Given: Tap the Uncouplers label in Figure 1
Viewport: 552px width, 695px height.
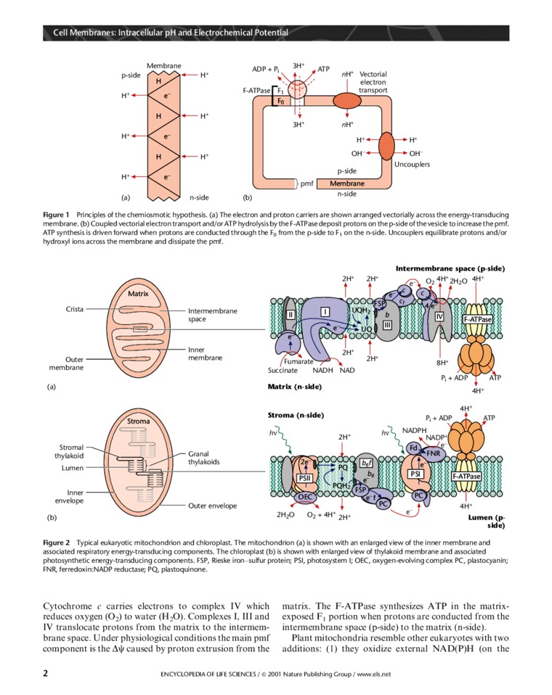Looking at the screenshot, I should point(412,164).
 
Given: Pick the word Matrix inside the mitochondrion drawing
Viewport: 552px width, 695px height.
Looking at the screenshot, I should point(138,294).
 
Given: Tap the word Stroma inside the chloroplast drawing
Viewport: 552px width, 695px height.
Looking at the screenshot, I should point(138,421).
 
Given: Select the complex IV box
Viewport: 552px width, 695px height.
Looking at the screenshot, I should point(439,316).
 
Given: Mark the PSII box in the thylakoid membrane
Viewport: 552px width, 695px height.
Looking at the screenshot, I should point(306,478).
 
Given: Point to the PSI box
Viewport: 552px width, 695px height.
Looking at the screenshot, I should point(415,474).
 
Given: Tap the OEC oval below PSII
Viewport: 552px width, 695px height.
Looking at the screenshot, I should point(304,497).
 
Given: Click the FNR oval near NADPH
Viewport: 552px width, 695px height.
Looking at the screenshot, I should point(434,453).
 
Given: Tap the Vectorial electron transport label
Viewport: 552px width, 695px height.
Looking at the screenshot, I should point(373,83).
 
